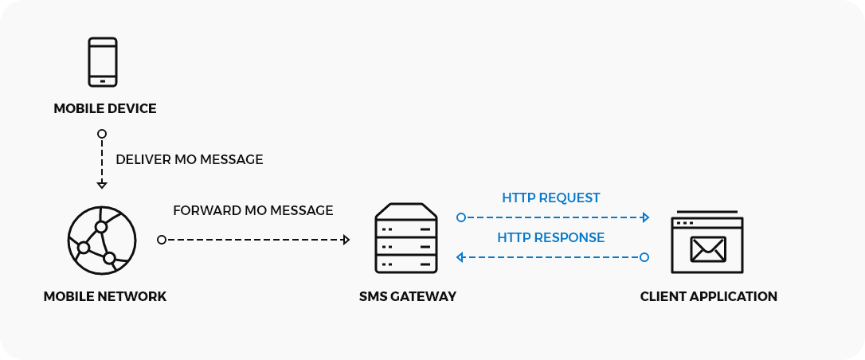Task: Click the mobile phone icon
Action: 102,62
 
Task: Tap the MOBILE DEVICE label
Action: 105,108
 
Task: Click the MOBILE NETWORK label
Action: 105,297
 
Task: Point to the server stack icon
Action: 406,240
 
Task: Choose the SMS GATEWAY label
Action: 408,297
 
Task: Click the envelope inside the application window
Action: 708,248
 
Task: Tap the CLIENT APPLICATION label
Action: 709,297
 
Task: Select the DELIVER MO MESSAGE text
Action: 190,159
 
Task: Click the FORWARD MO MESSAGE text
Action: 253,211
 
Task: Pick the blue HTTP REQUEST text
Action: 551,198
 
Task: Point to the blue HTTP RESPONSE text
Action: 551,237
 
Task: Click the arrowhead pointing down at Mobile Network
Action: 102,185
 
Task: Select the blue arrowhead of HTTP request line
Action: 645,217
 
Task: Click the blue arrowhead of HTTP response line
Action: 460,256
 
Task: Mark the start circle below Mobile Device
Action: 102,133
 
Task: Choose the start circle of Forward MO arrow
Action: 162,240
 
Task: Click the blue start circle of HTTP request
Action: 460,217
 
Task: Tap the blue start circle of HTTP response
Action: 644,256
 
